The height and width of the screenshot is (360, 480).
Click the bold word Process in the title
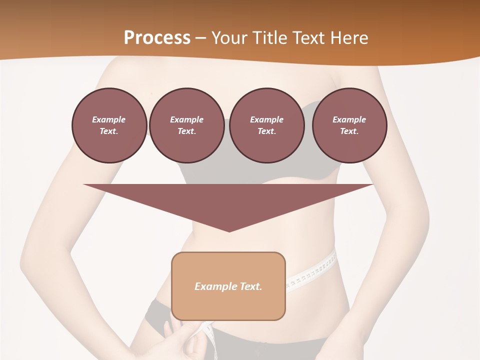[157, 38]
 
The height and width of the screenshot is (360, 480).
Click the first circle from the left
[109, 125]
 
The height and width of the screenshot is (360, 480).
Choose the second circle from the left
[186, 125]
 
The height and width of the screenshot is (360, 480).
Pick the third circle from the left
[266, 125]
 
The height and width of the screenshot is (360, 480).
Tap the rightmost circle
[349, 125]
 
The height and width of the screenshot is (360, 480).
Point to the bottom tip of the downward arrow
[229, 231]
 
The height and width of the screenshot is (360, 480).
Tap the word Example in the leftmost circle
[109, 119]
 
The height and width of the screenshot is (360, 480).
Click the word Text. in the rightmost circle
[349, 131]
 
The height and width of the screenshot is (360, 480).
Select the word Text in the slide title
[309, 38]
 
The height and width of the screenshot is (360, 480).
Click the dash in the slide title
[200, 38]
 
